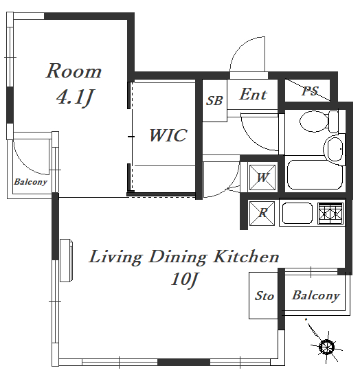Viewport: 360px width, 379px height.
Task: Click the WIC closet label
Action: [x=168, y=135]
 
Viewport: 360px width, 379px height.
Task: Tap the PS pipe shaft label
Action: [x=310, y=91]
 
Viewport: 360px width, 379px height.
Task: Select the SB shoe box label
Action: [x=214, y=100]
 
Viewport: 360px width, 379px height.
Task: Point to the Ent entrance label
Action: [x=254, y=94]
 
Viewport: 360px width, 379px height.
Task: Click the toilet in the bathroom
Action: [x=319, y=122]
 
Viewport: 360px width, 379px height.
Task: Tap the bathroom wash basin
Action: [x=334, y=149]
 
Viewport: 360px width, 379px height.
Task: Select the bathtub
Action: [x=315, y=174]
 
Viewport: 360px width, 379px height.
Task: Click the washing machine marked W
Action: [x=262, y=177]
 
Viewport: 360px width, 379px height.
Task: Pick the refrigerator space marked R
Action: [x=262, y=213]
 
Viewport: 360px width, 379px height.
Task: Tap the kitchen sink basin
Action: [x=297, y=213]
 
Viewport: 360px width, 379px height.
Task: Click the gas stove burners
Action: [x=330, y=214]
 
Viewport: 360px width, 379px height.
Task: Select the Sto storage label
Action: [x=265, y=296]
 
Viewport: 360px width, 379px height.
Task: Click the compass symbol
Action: [x=326, y=347]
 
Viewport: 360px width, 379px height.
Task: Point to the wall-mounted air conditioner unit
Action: [x=66, y=260]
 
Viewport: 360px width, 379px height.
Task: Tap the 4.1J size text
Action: [x=74, y=97]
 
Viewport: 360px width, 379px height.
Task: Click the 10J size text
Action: [x=184, y=280]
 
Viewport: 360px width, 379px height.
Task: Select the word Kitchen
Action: [x=246, y=257]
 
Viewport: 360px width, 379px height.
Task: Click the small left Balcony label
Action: [x=30, y=182]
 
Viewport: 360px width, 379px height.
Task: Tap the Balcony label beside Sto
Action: [x=316, y=296]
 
